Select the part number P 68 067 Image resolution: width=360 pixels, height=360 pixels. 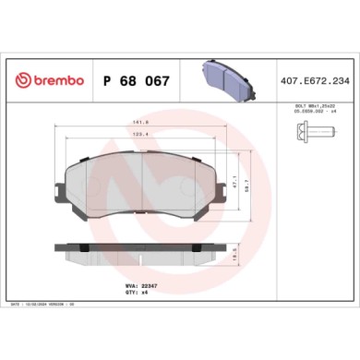(134, 80)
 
